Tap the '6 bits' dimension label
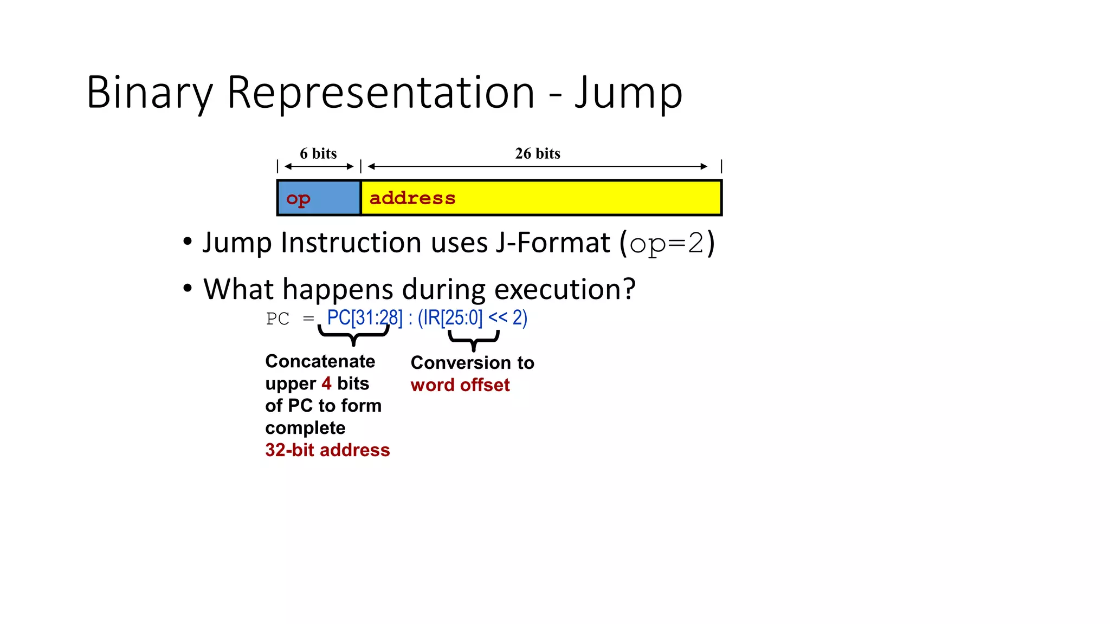tap(318, 154)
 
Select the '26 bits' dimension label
tap(537, 154)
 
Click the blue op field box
tap(319, 198)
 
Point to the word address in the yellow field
tap(412, 198)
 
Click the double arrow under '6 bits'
tap(319, 167)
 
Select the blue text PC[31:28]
tap(365, 318)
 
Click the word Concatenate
tap(320, 361)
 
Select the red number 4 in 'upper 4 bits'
tap(326, 383)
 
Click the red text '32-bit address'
tap(327, 450)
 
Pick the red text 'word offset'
tap(460, 385)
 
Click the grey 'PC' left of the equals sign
tap(277, 319)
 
